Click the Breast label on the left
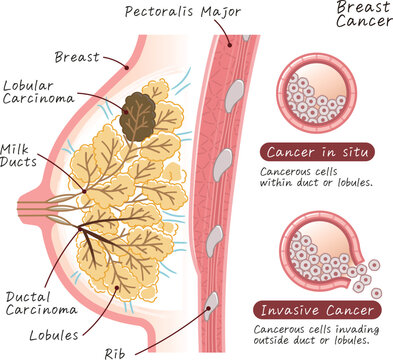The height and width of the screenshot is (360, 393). click(x=77, y=57)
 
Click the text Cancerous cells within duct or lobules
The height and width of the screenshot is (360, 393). click(x=316, y=176)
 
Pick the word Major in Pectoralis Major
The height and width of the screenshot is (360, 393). click(x=219, y=13)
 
